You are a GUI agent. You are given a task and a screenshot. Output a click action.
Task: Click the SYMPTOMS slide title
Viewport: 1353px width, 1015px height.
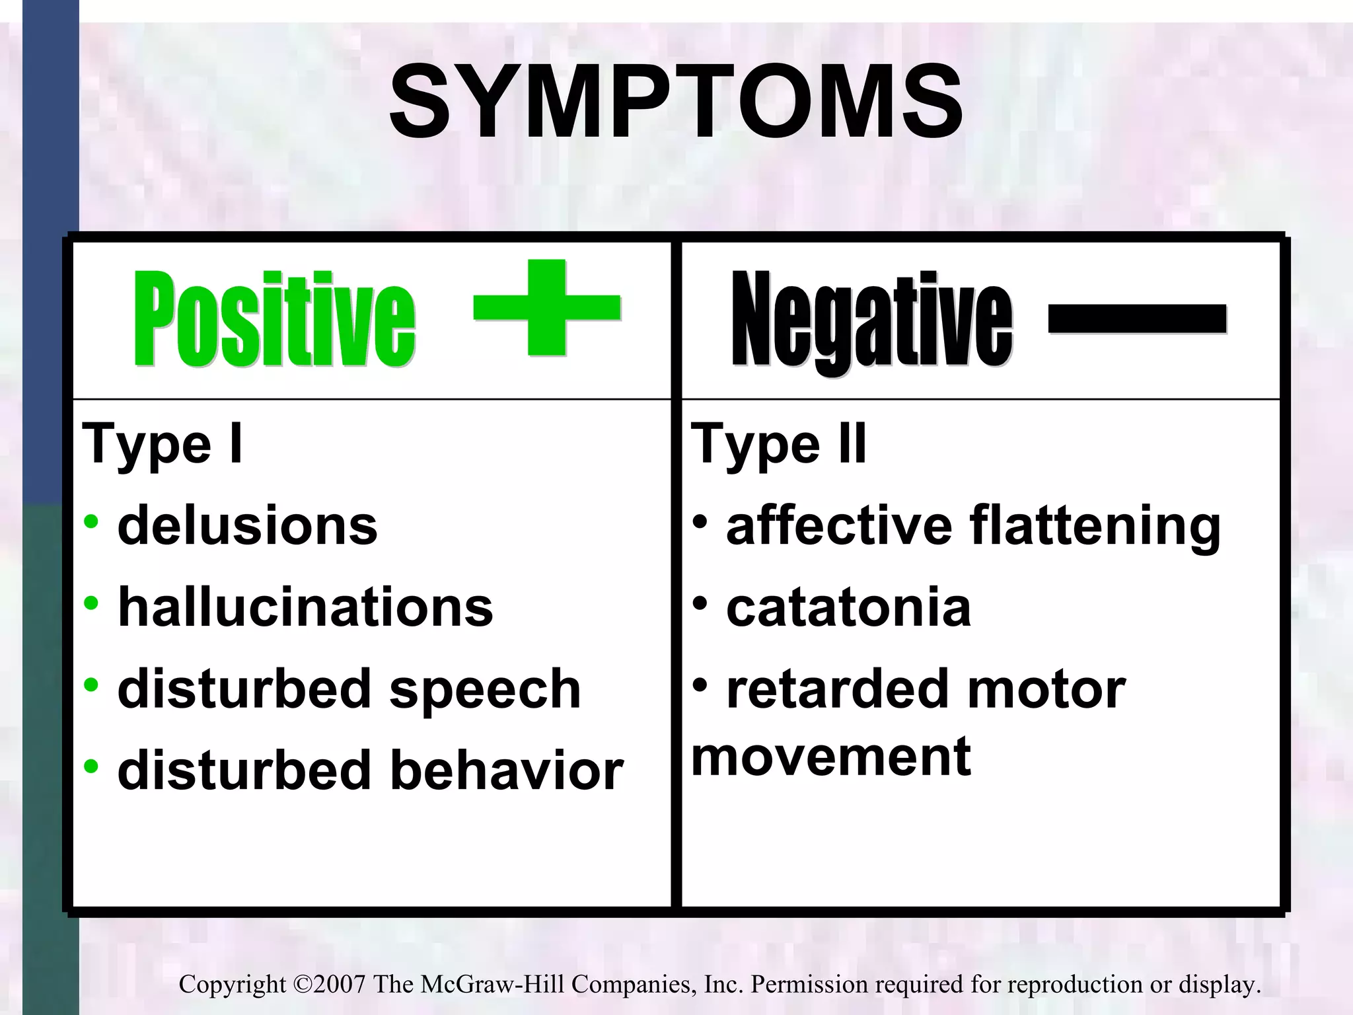[675, 103]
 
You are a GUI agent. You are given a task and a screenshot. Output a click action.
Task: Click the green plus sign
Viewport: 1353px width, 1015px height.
[547, 308]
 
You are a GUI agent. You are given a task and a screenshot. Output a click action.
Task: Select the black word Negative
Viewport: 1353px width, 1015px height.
[871, 320]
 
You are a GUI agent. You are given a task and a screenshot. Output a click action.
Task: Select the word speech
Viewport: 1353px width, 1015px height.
[485, 689]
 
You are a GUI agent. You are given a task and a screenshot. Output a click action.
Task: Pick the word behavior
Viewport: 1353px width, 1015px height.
[507, 771]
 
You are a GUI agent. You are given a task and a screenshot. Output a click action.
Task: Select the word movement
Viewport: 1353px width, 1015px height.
[830, 757]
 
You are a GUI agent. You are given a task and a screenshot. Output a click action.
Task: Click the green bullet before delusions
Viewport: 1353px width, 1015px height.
[91, 521]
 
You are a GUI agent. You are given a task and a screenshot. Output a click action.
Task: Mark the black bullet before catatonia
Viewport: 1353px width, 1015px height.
[700, 603]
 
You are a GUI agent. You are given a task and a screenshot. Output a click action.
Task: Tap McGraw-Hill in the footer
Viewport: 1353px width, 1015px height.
[492, 985]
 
